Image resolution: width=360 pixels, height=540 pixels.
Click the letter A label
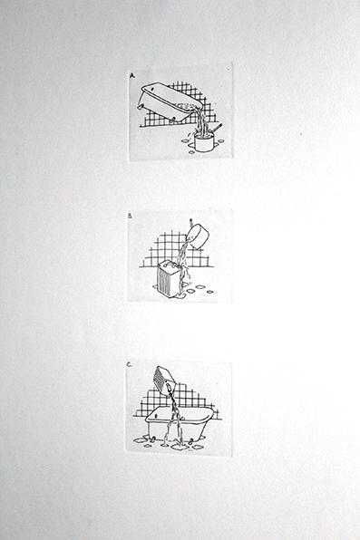[x=131, y=75]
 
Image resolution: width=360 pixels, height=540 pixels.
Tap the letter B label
[x=131, y=217]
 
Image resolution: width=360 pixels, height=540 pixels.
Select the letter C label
[x=130, y=365]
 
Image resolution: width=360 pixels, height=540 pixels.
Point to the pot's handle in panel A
[x=218, y=128]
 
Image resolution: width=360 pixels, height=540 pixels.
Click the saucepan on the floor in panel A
[x=204, y=141]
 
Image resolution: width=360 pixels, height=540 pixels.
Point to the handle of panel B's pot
[x=191, y=221]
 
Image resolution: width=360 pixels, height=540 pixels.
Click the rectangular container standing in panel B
[x=169, y=279]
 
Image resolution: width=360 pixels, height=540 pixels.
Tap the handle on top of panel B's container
[x=168, y=265]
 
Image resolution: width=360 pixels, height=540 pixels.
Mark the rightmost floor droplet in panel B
[x=209, y=292]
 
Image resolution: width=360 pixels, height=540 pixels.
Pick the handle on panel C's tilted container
[x=169, y=388]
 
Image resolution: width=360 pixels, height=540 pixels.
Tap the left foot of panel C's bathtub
[x=152, y=439]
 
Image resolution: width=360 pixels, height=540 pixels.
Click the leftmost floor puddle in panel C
[x=139, y=440]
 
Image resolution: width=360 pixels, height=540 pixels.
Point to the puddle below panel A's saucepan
[x=191, y=152]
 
